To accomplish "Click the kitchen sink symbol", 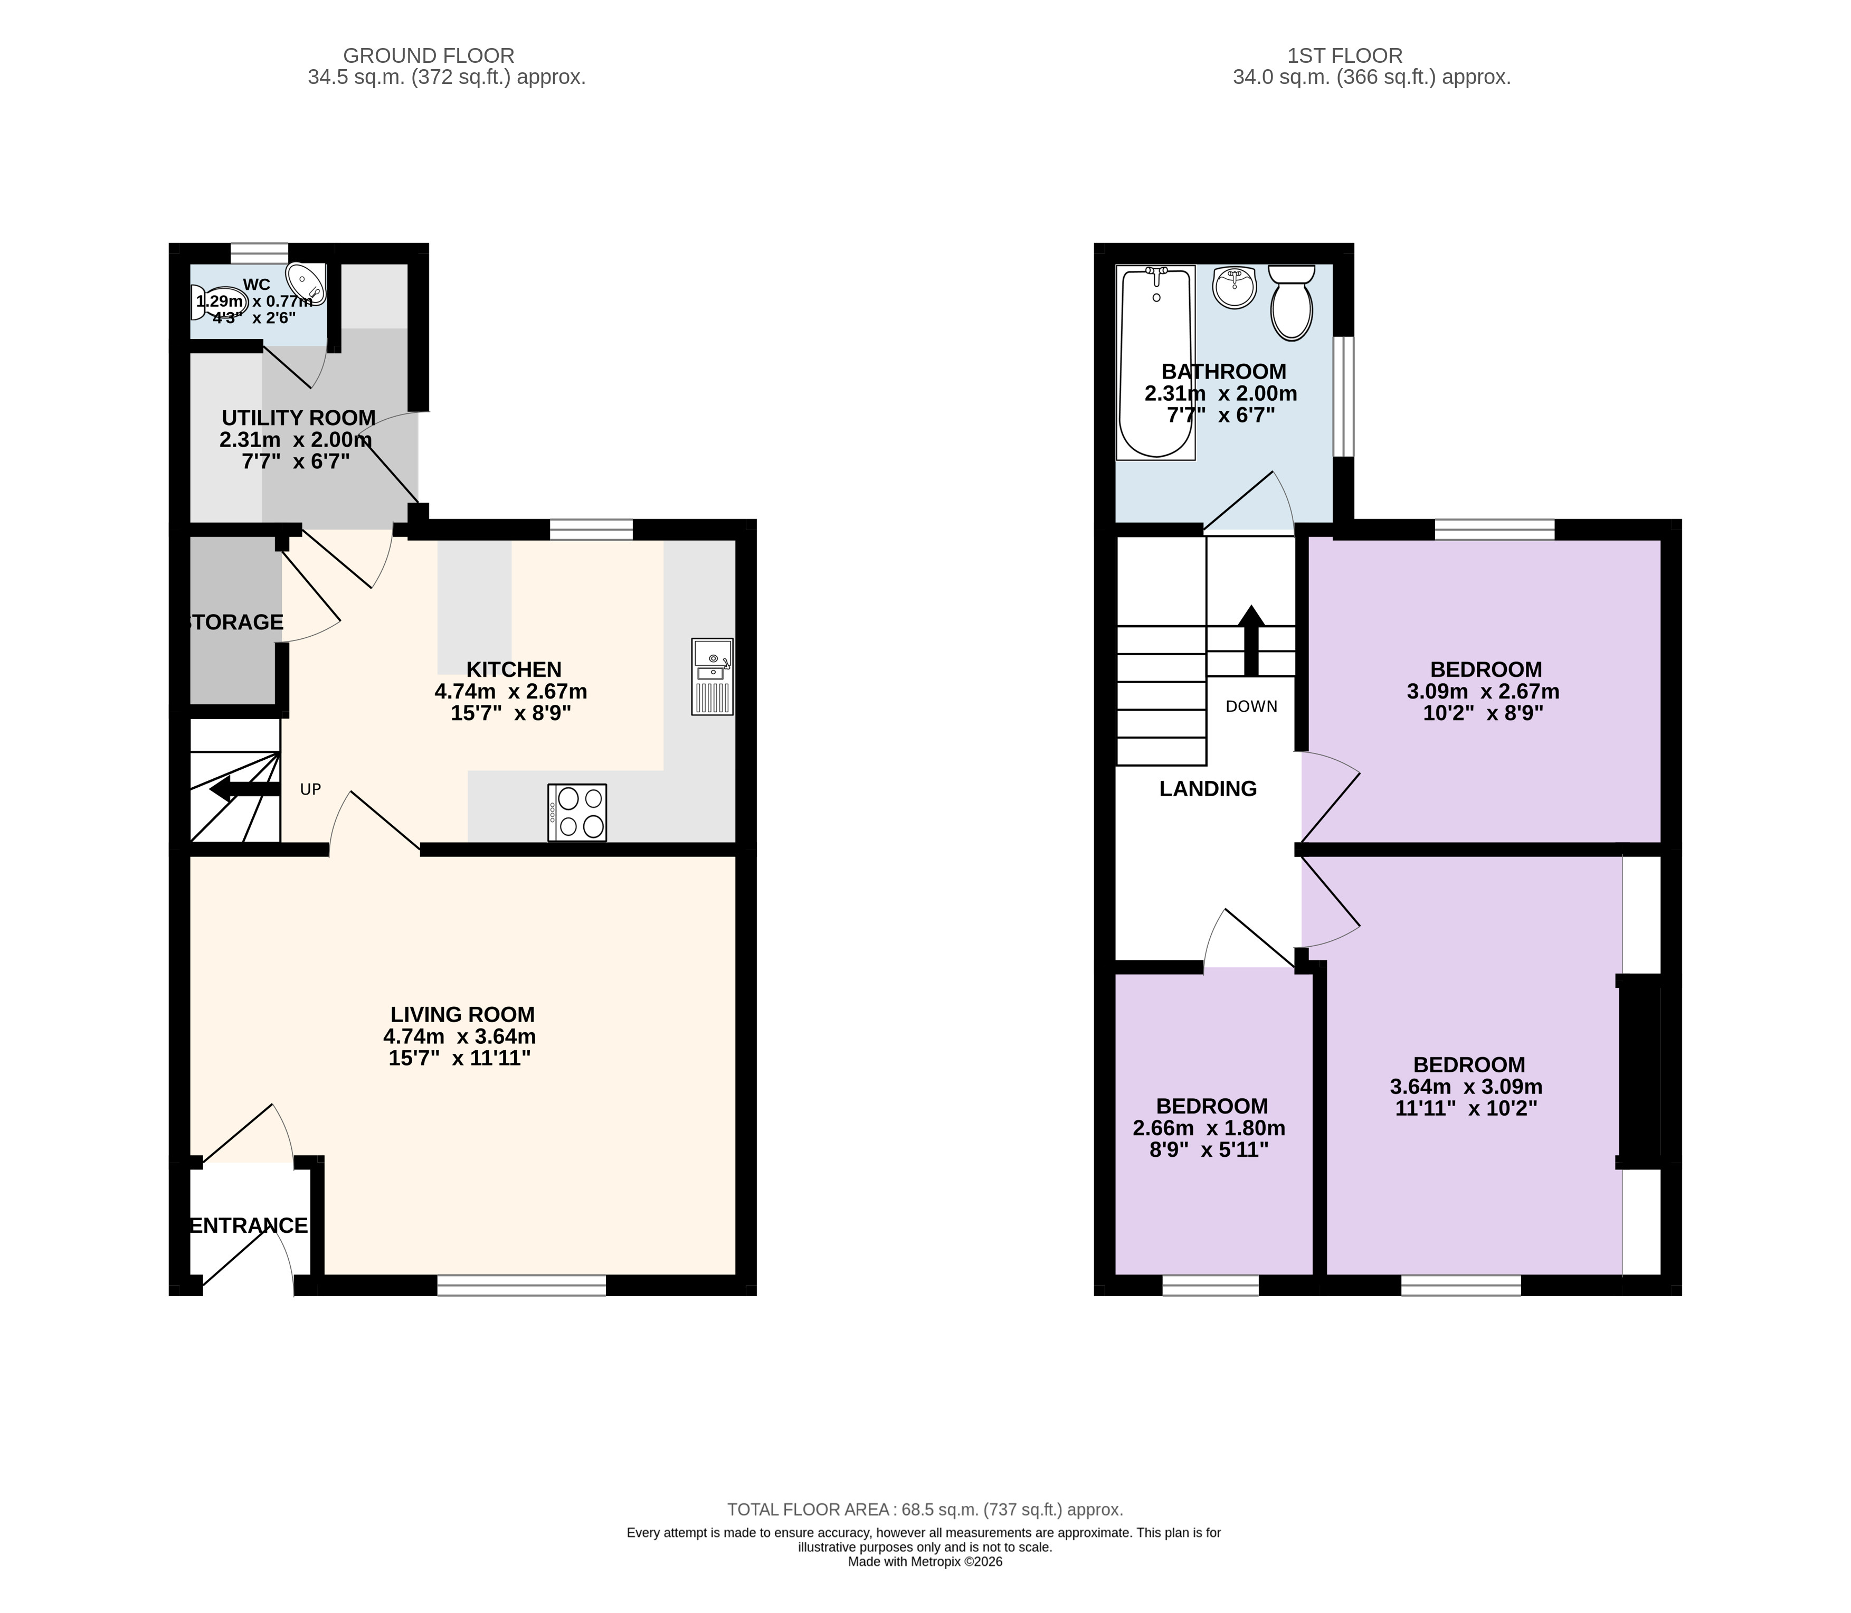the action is tap(712, 677).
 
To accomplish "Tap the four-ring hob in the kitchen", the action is tap(577, 813).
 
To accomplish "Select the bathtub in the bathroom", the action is tap(1155, 363).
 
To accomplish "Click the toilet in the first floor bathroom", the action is tap(1292, 303).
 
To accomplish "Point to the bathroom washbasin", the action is tap(1233, 286).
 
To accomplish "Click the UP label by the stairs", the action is tap(310, 789).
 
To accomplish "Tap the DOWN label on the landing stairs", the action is tap(1251, 706).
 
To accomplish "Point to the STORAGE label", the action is tap(236, 622).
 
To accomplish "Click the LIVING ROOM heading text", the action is tap(462, 1014).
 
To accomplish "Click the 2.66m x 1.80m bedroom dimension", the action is tap(1209, 1128).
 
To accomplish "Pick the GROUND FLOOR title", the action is tap(429, 56).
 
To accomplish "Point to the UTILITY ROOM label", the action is tap(299, 418).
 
